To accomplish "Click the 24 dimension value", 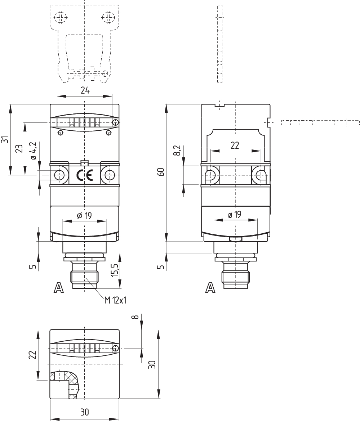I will [x=85, y=91].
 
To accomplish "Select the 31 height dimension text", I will [x=4, y=140].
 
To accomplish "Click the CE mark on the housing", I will [x=84, y=175].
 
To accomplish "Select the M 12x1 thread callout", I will [x=115, y=300].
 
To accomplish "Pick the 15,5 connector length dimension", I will [x=115, y=270].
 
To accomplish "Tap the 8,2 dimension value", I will [x=176, y=151].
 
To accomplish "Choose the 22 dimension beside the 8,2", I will [x=235, y=145].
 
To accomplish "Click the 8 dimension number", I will [x=135, y=317].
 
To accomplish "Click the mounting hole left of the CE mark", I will [x=59, y=175].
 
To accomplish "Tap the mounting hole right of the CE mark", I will [x=109, y=175].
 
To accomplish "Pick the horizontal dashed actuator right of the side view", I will [x=320, y=123].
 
